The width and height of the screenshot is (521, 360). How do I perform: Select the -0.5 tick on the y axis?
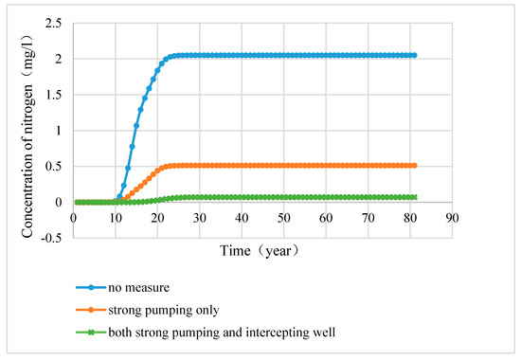click(53, 238)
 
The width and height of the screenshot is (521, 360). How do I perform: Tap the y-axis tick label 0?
click(61, 202)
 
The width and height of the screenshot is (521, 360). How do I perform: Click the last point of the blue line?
click(414, 56)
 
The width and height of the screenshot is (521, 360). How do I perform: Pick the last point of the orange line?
click(414, 166)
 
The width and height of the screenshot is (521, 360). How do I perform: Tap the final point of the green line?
click(414, 197)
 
